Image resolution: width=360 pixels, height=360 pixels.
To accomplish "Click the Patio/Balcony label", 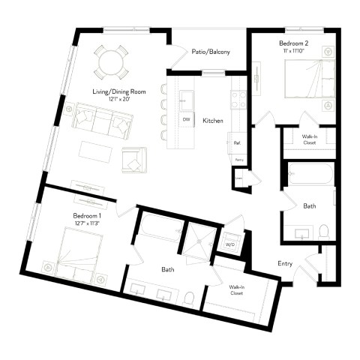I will (210, 52).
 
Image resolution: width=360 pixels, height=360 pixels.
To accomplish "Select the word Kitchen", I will (213, 120).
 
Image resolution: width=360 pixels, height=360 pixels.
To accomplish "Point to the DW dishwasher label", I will (185, 119).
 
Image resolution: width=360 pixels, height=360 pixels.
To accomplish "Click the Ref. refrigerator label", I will (237, 142).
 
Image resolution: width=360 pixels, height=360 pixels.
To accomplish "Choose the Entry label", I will (285, 263).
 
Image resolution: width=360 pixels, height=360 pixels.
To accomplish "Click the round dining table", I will (110, 61).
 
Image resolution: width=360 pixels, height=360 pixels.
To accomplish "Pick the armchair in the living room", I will (135, 159).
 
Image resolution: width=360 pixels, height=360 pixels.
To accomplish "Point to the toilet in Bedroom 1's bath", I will (189, 298).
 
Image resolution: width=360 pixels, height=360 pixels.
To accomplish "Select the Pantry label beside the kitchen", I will (239, 160).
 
